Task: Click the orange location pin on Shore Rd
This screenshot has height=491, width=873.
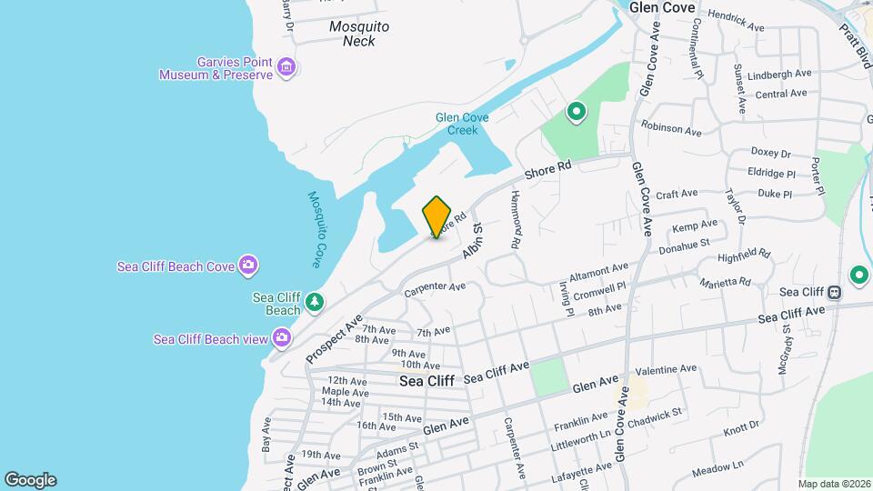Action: click(x=436, y=216)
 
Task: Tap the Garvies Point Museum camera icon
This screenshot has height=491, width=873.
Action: click(x=286, y=67)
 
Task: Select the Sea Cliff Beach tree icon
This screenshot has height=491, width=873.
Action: click(x=314, y=302)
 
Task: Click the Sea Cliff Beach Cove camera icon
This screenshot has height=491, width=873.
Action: click(x=248, y=266)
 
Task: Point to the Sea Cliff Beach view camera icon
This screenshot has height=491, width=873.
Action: click(x=282, y=339)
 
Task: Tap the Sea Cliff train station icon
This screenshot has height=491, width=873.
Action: click(x=834, y=292)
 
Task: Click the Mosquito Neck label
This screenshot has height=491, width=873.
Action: click(x=359, y=34)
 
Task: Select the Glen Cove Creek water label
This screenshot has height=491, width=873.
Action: click(x=462, y=124)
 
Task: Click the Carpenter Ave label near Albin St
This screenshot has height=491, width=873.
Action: click(x=435, y=288)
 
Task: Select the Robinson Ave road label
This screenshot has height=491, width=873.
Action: click(x=671, y=128)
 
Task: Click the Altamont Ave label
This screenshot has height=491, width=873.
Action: click(x=598, y=269)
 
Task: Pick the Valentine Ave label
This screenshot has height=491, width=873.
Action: click(x=666, y=370)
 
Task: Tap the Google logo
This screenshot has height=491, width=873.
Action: click(x=30, y=480)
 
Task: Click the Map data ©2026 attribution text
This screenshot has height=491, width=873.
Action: click(x=833, y=484)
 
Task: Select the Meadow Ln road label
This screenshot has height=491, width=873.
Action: click(x=717, y=469)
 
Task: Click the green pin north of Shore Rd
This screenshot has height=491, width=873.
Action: click(x=576, y=113)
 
